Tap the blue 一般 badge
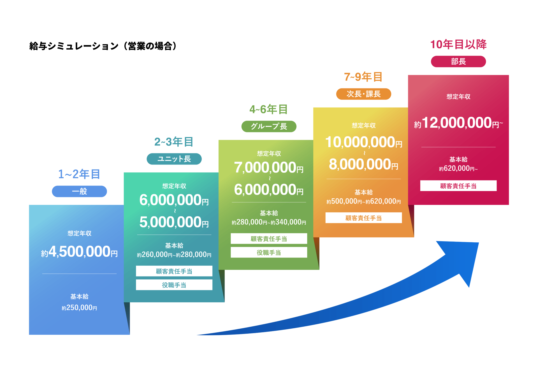(x=79, y=191)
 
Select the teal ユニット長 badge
(x=174, y=159)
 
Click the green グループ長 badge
(x=269, y=126)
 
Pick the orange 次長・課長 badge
(x=363, y=94)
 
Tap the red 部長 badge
(x=458, y=61)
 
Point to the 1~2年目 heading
(x=79, y=174)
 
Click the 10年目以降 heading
(x=458, y=44)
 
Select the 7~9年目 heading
(x=363, y=77)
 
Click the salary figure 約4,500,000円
(x=79, y=252)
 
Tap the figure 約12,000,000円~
(x=458, y=123)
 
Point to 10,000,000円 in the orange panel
(x=363, y=142)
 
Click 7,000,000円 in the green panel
(x=269, y=168)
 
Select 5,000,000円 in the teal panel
(x=174, y=222)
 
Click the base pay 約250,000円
(x=79, y=308)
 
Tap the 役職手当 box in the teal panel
(x=174, y=285)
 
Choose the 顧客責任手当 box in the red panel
(x=458, y=186)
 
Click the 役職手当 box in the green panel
(x=269, y=252)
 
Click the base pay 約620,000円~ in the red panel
(x=458, y=168)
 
